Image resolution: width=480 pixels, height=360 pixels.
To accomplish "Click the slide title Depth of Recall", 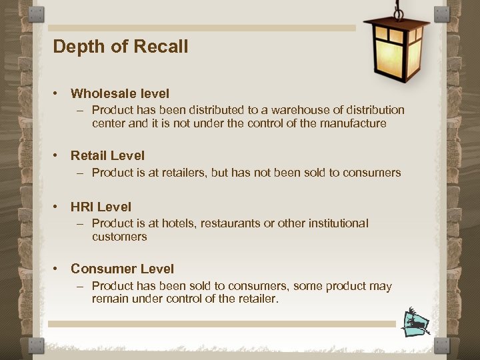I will tap(120, 47).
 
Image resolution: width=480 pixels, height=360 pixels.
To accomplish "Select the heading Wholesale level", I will tap(120, 94).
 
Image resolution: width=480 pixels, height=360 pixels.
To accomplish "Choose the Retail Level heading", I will tap(107, 156).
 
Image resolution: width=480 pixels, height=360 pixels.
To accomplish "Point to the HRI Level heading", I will tap(101, 207).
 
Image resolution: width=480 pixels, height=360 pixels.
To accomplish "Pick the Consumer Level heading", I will tap(122, 269).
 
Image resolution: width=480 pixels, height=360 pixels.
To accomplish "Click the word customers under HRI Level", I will tap(119, 237).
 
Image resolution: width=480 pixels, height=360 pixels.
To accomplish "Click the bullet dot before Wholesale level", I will tap(59, 94).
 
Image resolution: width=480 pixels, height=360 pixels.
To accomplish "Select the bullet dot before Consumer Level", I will tap(59, 269).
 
